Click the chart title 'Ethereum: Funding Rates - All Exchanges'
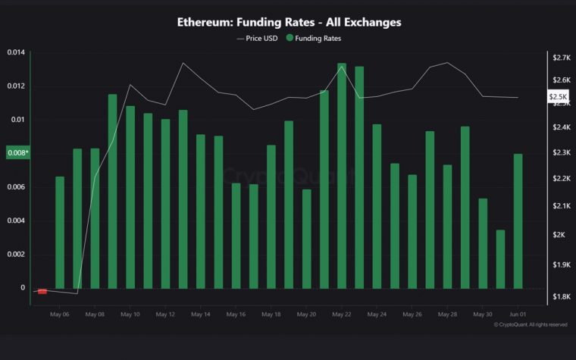(289, 22)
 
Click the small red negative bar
(42, 291)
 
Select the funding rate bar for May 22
(342, 175)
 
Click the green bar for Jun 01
(518, 221)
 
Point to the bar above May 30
(483, 243)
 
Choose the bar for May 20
(306, 238)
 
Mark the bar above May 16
(236, 235)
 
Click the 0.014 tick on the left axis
(16, 52)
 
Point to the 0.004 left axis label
(16, 221)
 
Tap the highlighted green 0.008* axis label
(17, 153)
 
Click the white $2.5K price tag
(557, 97)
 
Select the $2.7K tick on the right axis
(562, 58)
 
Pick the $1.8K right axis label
(562, 296)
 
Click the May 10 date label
(130, 314)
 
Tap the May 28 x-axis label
(447, 314)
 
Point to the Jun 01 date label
(518, 314)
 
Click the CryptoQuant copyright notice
(530, 324)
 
